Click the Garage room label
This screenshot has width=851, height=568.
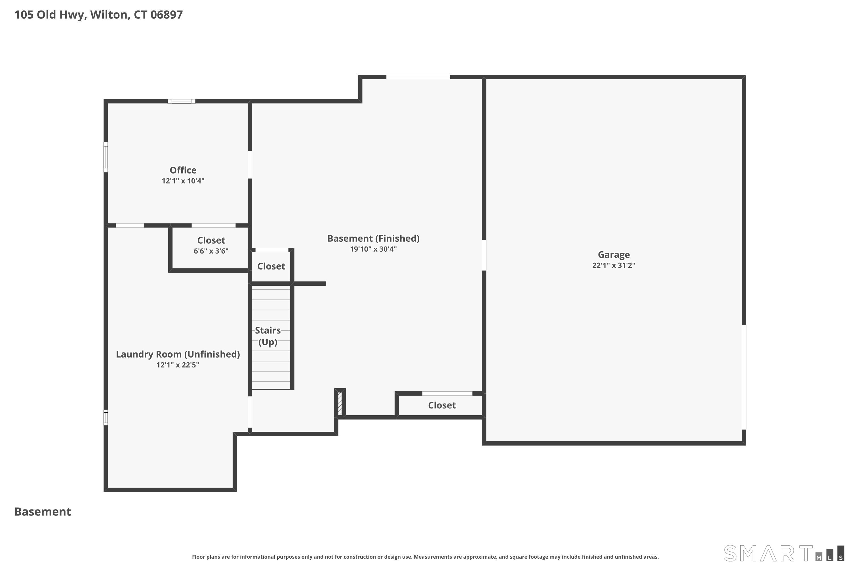(614, 255)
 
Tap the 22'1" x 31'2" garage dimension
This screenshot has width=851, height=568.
(614, 265)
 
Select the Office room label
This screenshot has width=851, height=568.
(183, 170)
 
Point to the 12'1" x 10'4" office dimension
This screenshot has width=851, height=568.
(183, 181)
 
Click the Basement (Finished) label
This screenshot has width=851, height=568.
(373, 238)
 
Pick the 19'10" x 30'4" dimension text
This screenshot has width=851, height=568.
(373, 249)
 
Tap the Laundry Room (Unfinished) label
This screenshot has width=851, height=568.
(178, 354)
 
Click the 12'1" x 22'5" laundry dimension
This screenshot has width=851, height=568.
(178, 365)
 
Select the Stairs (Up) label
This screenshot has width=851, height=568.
(268, 336)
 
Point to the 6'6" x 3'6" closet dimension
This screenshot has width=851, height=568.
(211, 251)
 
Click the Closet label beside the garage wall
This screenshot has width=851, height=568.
(442, 405)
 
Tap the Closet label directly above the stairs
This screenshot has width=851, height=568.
(271, 266)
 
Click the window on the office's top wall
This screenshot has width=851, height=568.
(181, 101)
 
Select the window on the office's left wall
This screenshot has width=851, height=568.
(106, 157)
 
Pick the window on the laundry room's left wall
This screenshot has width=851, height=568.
(106, 417)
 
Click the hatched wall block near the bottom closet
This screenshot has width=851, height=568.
(340, 404)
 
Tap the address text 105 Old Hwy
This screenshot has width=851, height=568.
(50, 15)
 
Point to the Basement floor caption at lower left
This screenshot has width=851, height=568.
(43, 511)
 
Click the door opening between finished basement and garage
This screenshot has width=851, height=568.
(484, 255)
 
